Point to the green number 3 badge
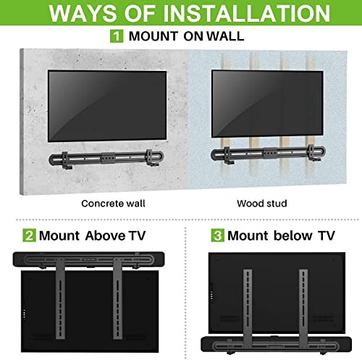click(216, 235)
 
